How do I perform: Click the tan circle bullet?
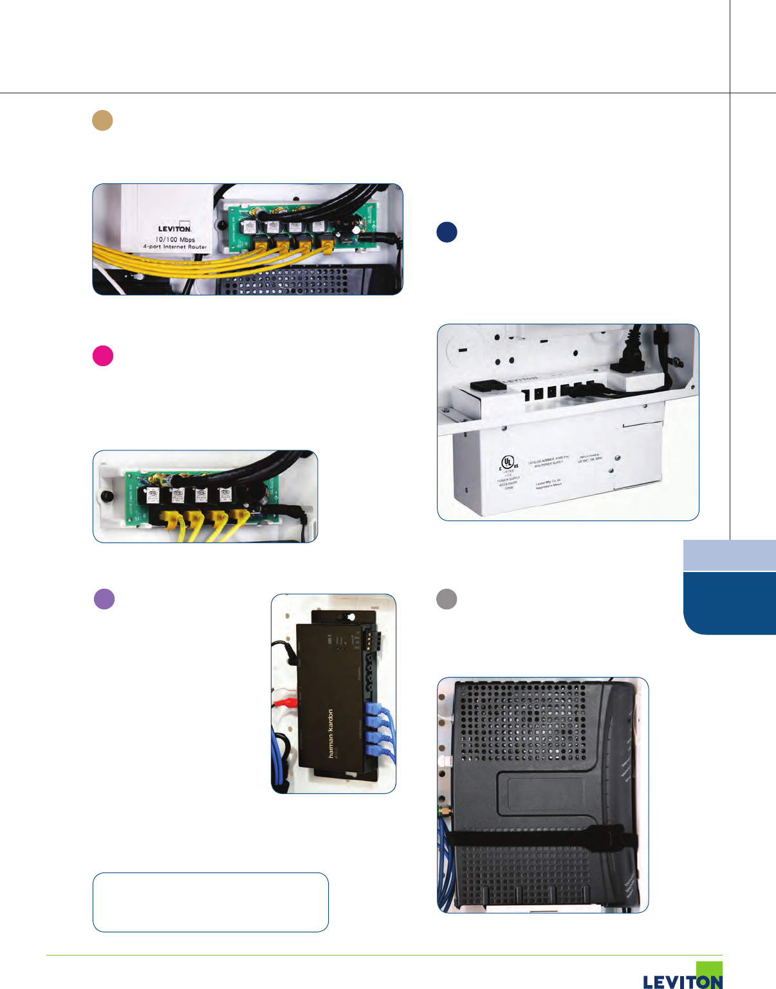(102, 120)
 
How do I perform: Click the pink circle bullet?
(103, 356)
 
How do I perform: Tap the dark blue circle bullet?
(447, 232)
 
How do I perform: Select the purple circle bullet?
(104, 599)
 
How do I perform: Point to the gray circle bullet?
(447, 599)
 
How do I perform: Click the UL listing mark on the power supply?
(509, 462)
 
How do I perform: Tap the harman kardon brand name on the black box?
(331, 733)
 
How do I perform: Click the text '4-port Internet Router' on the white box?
(175, 247)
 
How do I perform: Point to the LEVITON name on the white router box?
(174, 228)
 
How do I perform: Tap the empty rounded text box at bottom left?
(210, 902)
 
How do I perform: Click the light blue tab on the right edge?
(729, 555)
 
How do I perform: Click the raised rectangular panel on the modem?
(547, 793)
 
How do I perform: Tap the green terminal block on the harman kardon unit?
(369, 640)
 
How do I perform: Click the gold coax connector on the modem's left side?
(443, 812)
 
